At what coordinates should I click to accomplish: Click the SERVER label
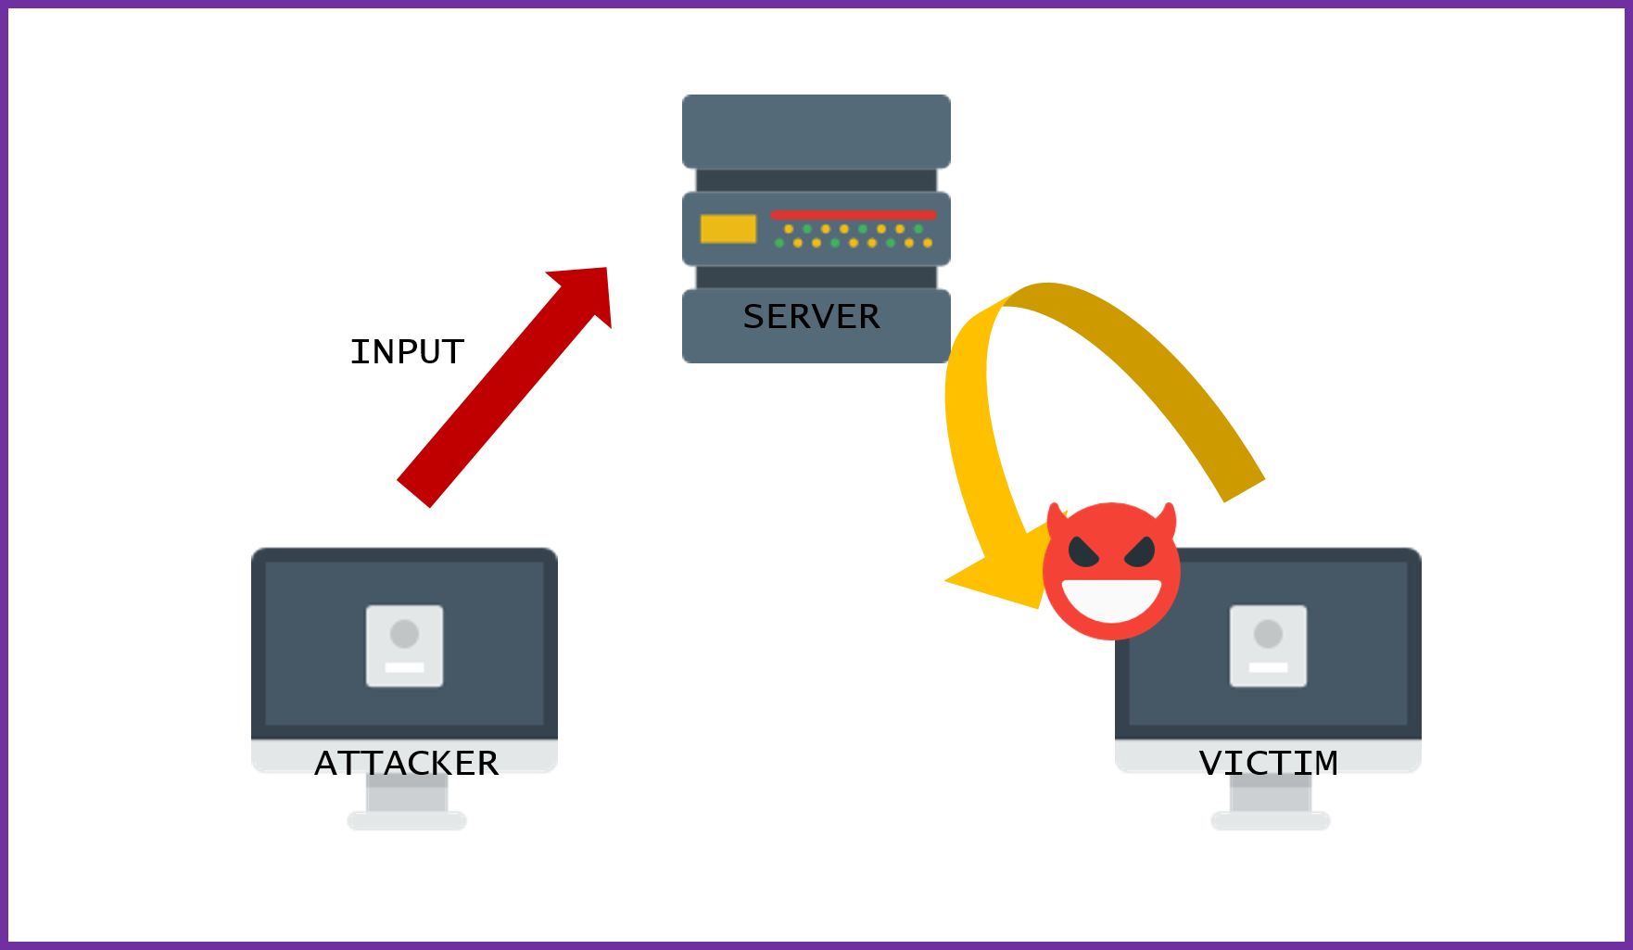pos(811,317)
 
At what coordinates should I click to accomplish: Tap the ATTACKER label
pos(406,763)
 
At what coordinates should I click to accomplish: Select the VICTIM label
pos(1268,763)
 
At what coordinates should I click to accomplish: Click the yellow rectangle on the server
pos(728,229)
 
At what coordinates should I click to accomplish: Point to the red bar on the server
pos(853,215)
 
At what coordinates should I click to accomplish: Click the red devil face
pos(1111,570)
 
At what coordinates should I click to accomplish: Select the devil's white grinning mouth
pos(1111,600)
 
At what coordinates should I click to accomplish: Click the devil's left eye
pos(1083,552)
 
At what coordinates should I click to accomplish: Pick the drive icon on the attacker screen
pos(404,646)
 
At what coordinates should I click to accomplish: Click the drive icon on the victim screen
pos(1268,646)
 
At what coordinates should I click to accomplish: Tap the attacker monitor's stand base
pos(407,820)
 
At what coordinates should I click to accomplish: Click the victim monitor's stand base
pos(1271,820)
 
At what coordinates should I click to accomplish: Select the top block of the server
pos(816,131)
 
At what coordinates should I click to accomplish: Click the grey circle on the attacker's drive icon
pos(404,634)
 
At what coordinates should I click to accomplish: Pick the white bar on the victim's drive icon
pos(1268,667)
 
